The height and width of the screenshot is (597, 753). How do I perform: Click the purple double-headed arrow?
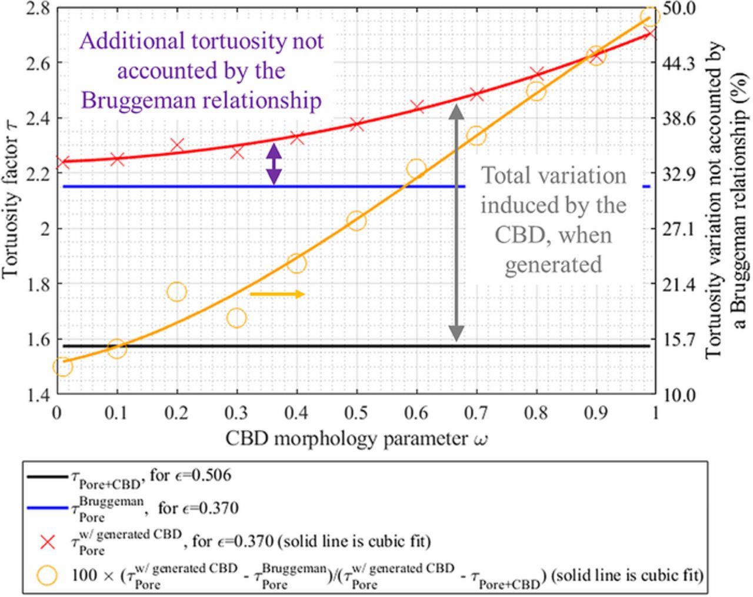274,164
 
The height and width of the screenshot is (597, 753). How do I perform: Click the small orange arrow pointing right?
277,294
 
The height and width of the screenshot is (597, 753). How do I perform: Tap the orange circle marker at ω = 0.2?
176,291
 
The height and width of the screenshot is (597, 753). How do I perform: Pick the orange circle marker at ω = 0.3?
236,318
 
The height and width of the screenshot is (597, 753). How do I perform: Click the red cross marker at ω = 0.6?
417,107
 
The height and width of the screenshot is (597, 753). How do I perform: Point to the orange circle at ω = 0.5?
356,221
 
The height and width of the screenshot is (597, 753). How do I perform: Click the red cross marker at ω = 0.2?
177,145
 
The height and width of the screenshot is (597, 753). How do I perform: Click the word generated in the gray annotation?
553,264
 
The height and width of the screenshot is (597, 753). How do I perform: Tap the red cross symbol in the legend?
48,541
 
